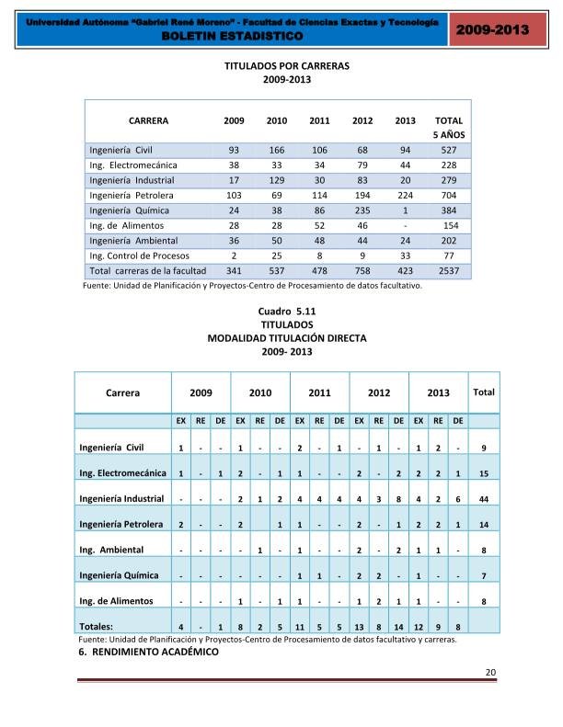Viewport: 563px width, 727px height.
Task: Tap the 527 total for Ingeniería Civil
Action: point(449,150)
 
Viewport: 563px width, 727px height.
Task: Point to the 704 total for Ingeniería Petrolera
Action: point(449,195)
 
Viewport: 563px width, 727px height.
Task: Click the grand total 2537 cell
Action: point(449,271)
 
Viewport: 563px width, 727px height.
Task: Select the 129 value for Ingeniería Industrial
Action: point(276,180)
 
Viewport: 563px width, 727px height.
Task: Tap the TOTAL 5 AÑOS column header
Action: point(449,127)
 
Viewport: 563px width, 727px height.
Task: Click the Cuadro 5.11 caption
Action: point(287,312)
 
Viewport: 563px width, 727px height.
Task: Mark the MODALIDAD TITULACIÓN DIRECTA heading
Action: point(287,338)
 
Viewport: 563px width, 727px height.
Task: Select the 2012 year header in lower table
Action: point(379,392)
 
